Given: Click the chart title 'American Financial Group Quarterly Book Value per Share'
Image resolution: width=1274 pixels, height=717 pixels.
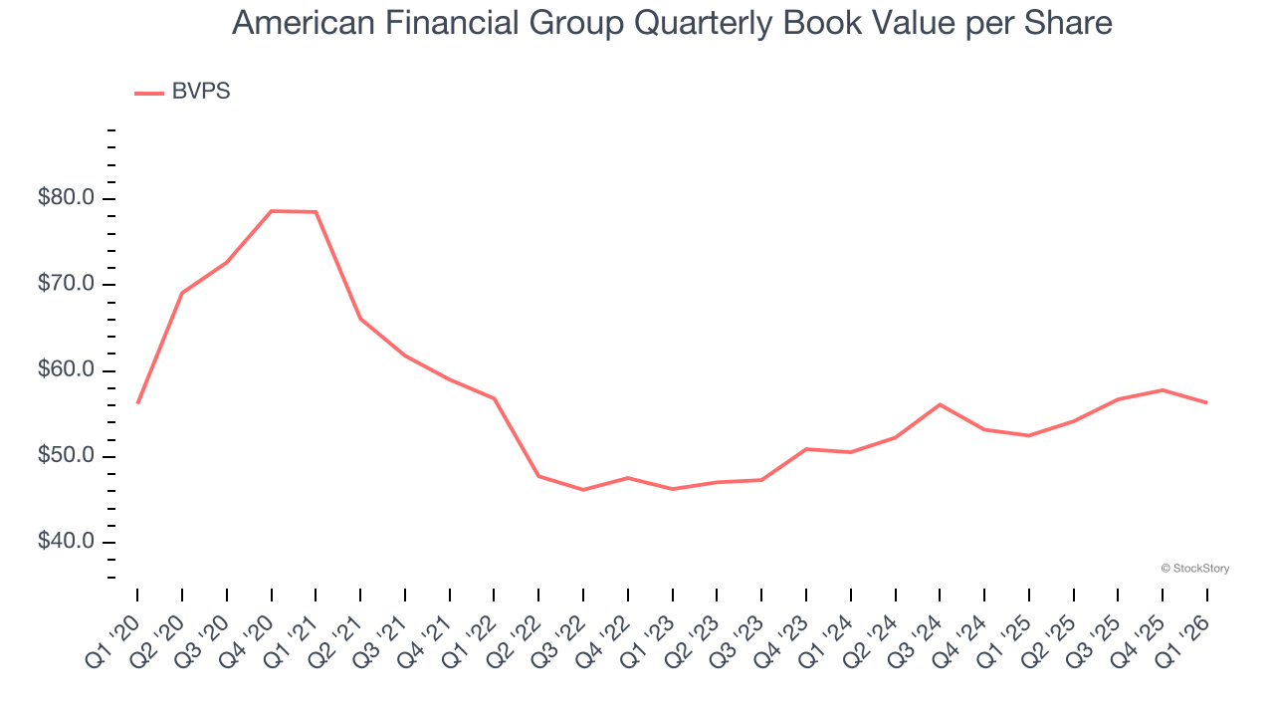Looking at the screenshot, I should (672, 23).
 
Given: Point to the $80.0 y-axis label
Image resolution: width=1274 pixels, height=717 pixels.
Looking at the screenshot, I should (66, 198).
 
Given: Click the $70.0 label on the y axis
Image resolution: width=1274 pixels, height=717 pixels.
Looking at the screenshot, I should (66, 285).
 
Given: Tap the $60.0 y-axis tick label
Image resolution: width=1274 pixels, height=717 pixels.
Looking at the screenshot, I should (66, 370).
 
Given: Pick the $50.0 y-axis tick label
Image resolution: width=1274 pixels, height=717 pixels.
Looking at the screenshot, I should (66, 457).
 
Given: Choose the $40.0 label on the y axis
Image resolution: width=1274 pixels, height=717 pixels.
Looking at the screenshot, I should (66, 543).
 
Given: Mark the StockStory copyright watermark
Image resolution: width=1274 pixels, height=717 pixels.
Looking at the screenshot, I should (1195, 569).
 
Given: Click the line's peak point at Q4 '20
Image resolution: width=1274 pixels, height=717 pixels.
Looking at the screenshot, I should (272, 211).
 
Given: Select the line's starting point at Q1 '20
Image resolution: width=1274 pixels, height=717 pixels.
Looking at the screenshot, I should (137, 402).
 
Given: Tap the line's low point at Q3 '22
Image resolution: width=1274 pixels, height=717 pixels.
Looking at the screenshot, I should (583, 490).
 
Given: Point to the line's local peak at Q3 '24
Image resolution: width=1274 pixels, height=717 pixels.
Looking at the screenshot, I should (940, 404).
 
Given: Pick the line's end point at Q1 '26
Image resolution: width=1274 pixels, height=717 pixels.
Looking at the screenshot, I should (1207, 402).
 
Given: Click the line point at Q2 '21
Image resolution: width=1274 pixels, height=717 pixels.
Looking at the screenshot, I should (360, 319).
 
